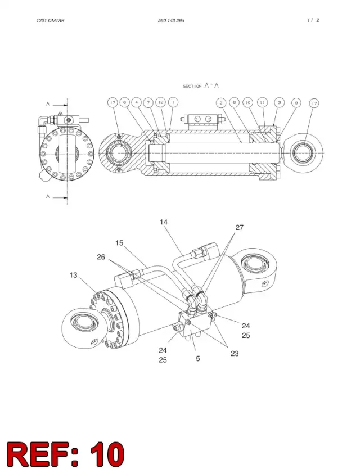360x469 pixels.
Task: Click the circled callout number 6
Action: point(124,102)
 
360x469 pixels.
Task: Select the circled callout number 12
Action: point(161,102)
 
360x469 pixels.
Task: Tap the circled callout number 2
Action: point(221,103)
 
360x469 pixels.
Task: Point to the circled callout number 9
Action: point(296,103)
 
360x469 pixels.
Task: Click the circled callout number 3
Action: point(279,102)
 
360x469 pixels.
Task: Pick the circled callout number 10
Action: point(247,102)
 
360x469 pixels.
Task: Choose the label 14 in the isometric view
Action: point(164,222)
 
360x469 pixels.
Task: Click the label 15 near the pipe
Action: point(119,243)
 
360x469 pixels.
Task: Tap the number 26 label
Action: point(101,257)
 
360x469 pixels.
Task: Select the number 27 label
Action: point(240,227)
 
